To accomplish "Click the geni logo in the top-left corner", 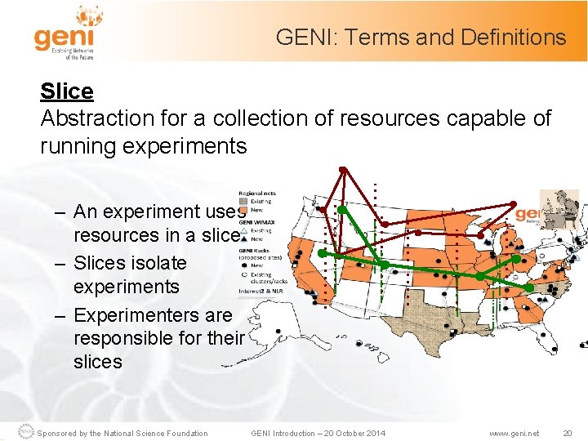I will (65, 33).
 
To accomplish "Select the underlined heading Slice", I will (67, 91).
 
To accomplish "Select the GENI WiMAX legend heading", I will (256, 222).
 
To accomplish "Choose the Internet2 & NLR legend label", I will (261, 289).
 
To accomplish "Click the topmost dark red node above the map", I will (344, 170).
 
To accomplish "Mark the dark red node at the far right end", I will (513, 203).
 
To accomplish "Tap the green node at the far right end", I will (529, 287).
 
